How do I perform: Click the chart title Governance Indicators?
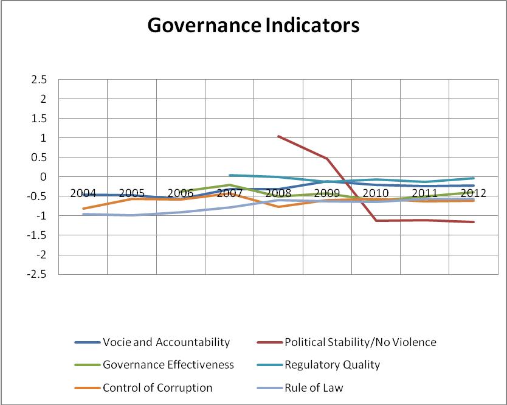coord(253,26)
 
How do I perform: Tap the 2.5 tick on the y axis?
coord(39,80)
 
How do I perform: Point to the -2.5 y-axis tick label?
coord(37,274)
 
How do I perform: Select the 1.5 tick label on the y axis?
coord(39,119)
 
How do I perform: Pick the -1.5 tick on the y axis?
coord(37,235)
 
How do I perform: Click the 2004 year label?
coord(83,193)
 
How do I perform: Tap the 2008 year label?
coord(278,193)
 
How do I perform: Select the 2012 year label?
coord(473,193)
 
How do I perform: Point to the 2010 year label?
coord(376,193)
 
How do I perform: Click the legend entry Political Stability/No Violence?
coord(360,342)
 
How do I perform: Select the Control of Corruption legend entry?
coord(157,387)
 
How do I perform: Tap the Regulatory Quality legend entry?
coord(332,365)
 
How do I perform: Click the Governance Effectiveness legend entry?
coord(168,365)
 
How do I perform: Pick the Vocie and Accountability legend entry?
coord(166,342)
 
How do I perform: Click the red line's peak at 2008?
coord(278,136)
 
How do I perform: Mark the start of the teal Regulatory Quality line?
coord(229,175)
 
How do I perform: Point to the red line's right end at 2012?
coord(474,222)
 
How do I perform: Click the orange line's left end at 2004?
coord(83,209)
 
